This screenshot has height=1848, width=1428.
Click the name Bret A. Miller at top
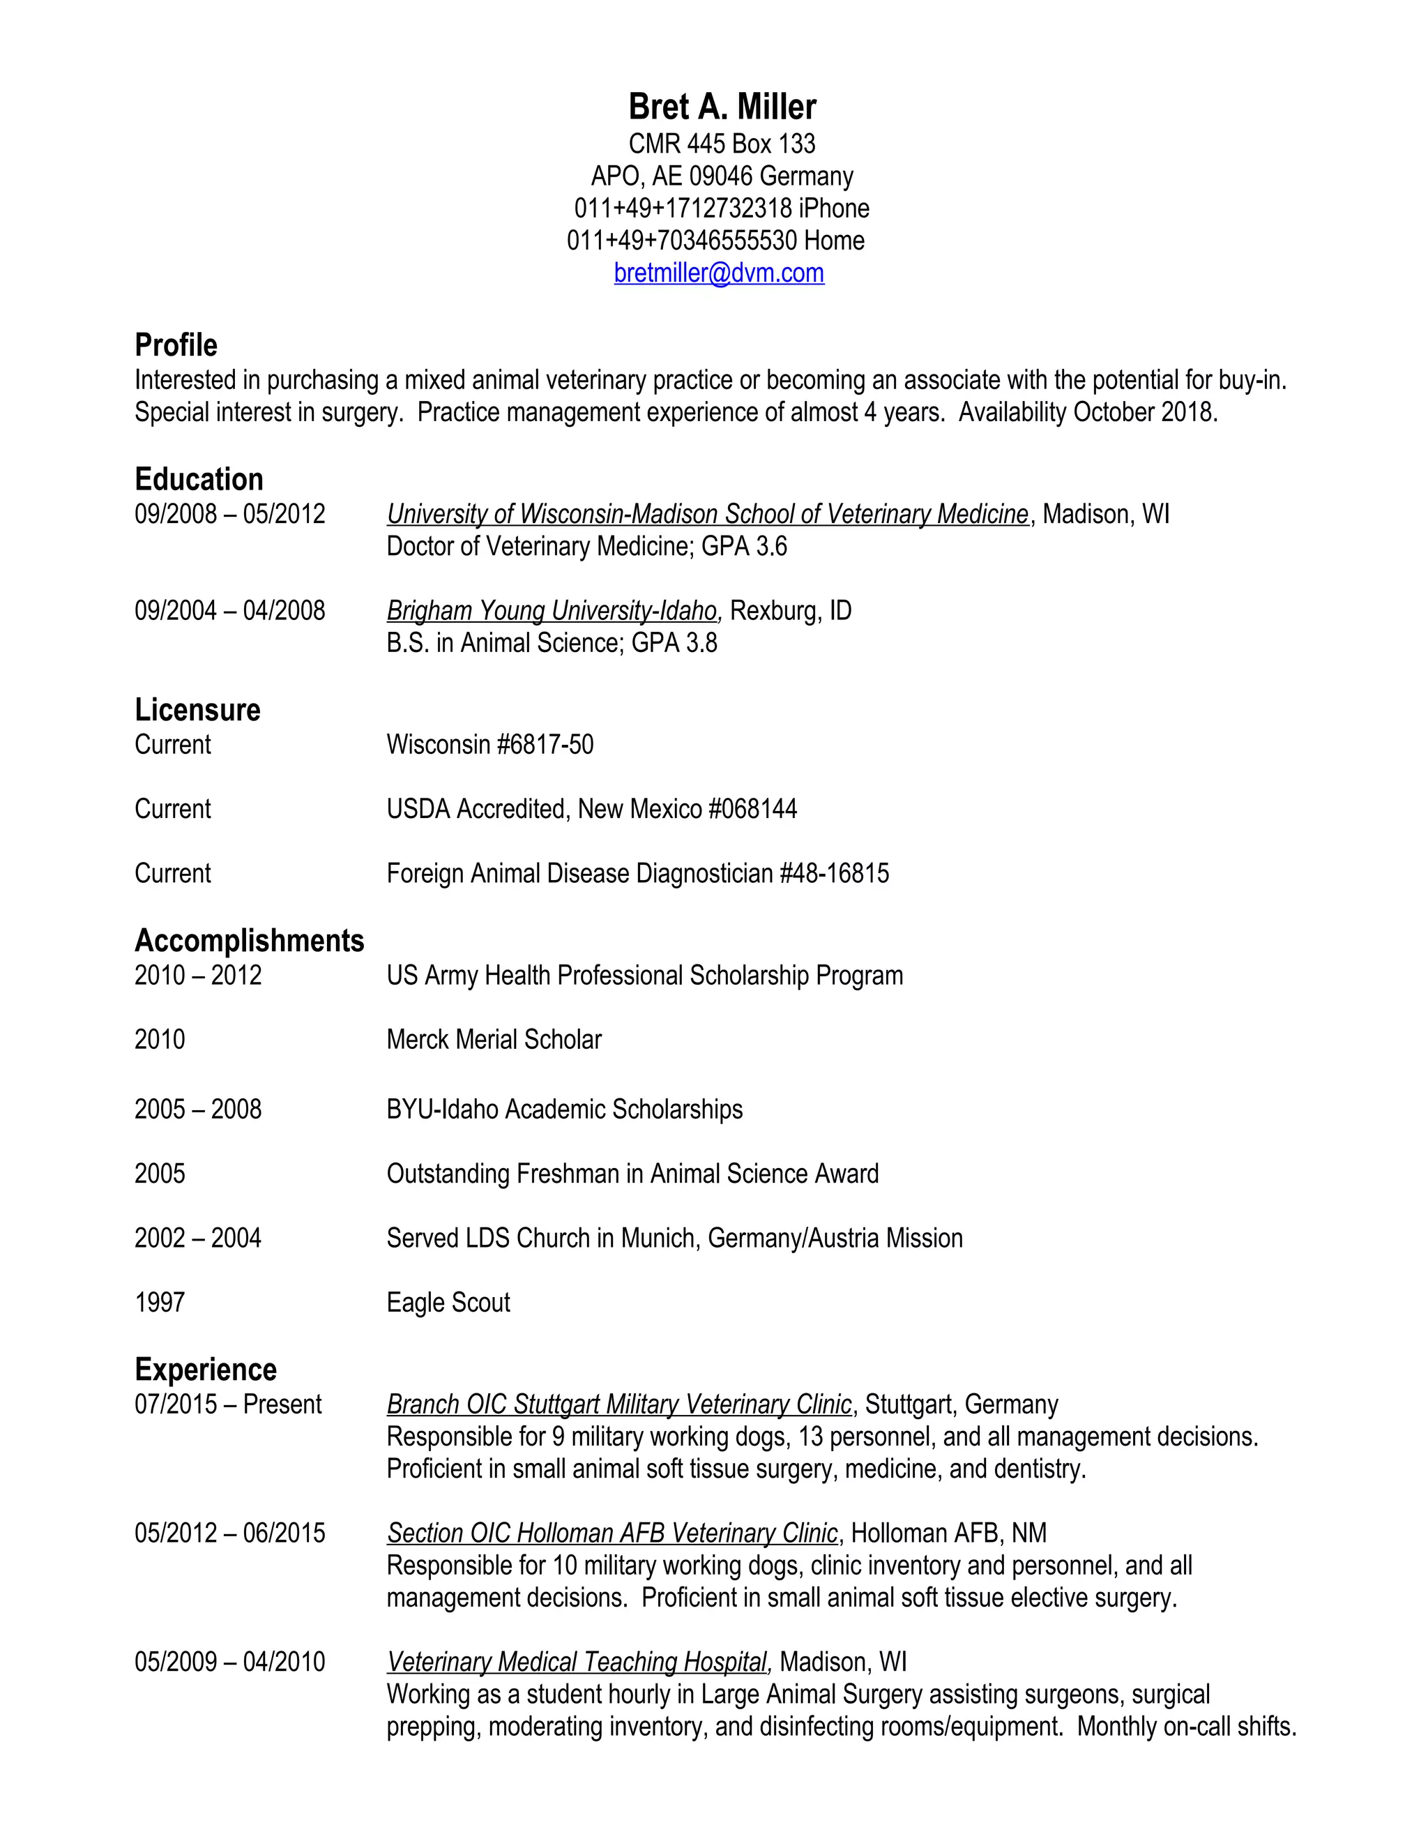[722, 107]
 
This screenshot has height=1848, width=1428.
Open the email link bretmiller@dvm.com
[719, 273]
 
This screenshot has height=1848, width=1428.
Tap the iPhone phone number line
[721, 208]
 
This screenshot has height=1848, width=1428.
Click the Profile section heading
[176, 345]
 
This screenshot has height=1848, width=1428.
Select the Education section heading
[199, 480]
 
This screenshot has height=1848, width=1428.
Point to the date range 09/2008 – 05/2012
[229, 515]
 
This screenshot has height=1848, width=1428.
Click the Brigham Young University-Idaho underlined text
[552, 611]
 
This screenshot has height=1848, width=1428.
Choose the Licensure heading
[197, 710]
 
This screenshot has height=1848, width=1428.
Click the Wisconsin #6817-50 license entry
[489, 745]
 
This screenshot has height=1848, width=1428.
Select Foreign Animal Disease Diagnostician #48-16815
[637, 873]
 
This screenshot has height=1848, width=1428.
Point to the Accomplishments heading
[249, 941]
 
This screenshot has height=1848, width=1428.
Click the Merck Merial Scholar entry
[494, 1039]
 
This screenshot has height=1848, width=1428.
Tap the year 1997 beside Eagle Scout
[160, 1302]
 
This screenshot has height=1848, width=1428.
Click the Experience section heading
[206, 1370]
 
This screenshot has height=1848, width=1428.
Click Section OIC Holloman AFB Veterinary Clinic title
[612, 1533]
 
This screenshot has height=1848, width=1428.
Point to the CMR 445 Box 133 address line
[722, 144]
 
